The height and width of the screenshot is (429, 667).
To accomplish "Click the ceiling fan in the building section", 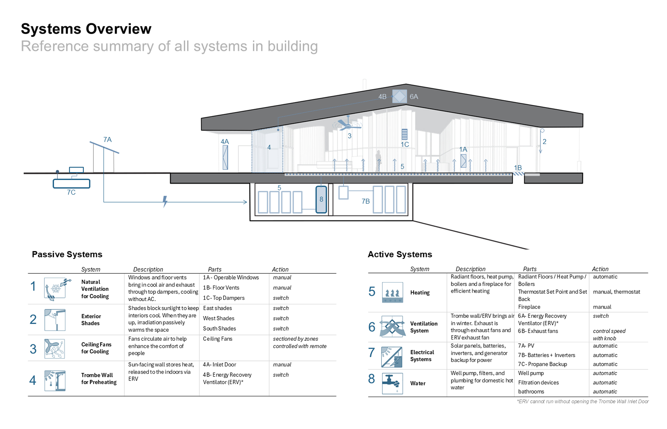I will pyautogui.click(x=348, y=124).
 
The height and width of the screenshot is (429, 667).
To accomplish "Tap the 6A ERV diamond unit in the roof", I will pyautogui.click(x=399, y=96).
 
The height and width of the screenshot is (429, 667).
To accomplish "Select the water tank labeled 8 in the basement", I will pyautogui.click(x=321, y=200).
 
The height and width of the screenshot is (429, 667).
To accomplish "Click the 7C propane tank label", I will pyautogui.click(x=71, y=193).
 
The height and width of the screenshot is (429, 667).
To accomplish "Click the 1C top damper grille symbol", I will pyautogui.click(x=404, y=134).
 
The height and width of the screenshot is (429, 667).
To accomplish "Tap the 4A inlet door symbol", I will pyautogui.click(x=225, y=157).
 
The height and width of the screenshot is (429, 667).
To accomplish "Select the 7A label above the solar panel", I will pyautogui.click(x=107, y=140).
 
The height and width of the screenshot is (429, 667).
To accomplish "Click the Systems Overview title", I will pyautogui.click(x=86, y=29).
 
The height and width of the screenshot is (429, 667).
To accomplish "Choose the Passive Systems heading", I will pyautogui.click(x=67, y=254).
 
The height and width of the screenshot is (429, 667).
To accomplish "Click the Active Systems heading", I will pyautogui.click(x=400, y=254).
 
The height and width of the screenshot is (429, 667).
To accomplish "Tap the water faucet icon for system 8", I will pyautogui.click(x=392, y=383).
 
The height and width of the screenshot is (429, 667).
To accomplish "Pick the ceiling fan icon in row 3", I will pyautogui.click(x=55, y=349).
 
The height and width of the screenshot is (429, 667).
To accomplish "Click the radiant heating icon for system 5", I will pyautogui.click(x=392, y=292).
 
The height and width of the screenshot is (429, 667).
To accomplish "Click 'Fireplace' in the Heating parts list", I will pyautogui.click(x=529, y=307).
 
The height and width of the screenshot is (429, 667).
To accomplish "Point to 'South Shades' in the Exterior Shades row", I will pyautogui.click(x=219, y=329).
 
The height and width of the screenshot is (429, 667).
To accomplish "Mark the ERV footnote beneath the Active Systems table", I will pyautogui.click(x=583, y=402).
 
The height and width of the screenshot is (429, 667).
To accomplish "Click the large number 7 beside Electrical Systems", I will pyautogui.click(x=371, y=353).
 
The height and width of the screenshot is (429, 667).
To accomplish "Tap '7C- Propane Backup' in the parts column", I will pyautogui.click(x=542, y=364).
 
